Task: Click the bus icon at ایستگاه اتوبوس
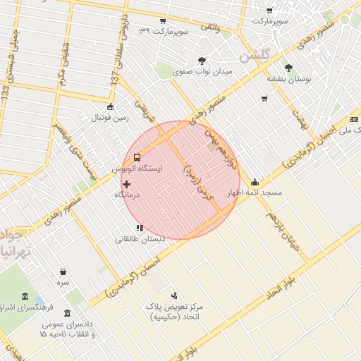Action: click(136, 157)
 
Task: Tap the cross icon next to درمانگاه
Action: click(126, 184)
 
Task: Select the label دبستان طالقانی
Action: click(140, 239)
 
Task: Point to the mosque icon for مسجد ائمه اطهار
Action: click(254, 181)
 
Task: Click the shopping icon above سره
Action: click(63, 271)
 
